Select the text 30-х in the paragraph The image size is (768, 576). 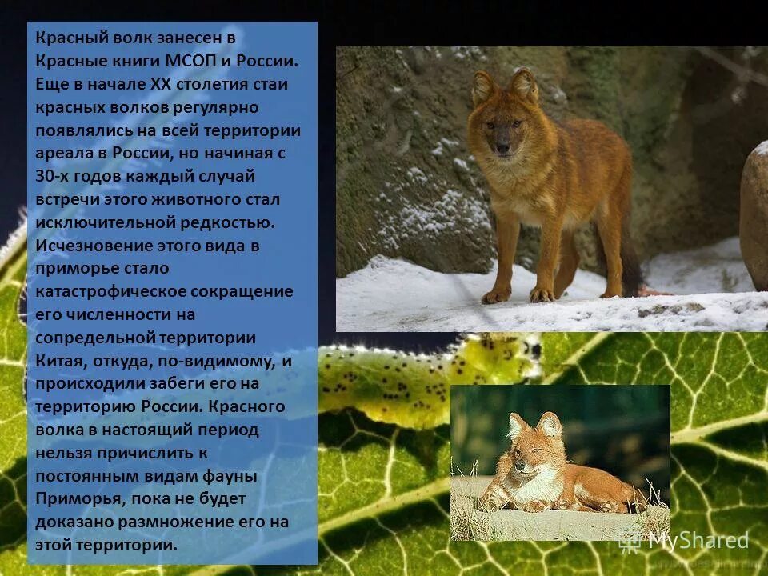click(54, 176)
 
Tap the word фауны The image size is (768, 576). click(227, 476)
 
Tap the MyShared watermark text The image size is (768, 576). click(698, 541)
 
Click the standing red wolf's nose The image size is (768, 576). click(502, 148)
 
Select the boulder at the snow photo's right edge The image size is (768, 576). click(754, 216)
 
